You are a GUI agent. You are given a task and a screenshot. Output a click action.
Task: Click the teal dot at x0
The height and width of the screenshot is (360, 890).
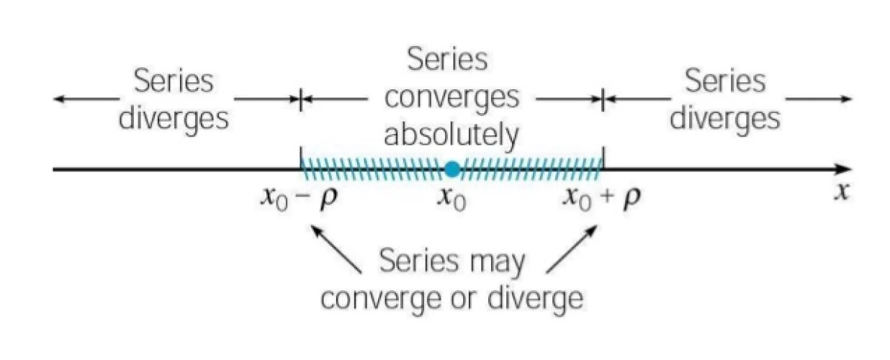tap(451, 170)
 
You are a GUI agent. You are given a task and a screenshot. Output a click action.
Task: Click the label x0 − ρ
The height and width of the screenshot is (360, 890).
tap(298, 197)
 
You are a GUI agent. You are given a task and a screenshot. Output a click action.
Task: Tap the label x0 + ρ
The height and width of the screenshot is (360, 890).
tap(602, 197)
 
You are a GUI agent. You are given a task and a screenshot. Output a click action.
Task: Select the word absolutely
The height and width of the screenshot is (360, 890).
tap(451, 134)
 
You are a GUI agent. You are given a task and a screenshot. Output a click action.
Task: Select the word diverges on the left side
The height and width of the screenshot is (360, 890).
tap(174, 118)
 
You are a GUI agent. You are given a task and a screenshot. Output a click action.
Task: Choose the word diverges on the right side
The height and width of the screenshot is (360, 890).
tap(725, 118)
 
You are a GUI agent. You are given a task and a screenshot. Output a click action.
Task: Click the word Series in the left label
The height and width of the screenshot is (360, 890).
tap(174, 81)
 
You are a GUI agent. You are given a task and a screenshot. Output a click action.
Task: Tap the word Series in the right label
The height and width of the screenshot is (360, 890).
tap(725, 81)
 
